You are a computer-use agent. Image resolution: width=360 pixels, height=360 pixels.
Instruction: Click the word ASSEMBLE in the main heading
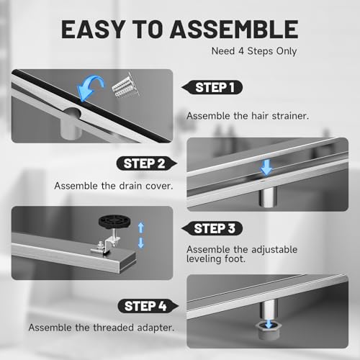[234, 30]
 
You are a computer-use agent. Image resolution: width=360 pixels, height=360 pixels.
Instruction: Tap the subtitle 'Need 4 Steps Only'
[254, 51]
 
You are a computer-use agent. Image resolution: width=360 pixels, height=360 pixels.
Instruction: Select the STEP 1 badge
[212, 87]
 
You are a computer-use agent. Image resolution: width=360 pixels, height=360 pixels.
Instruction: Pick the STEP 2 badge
[147, 163]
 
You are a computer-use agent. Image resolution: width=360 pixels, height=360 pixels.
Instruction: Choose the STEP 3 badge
[212, 228]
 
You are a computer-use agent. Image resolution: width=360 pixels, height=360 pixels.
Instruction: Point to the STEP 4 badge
[148, 306]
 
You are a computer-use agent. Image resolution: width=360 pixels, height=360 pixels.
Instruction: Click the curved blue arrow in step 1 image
[89, 88]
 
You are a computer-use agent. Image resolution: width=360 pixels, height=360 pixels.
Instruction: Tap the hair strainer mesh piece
[126, 86]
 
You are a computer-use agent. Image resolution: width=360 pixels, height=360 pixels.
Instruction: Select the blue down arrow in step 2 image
[266, 167]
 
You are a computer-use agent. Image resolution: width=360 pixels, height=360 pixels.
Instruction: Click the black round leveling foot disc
[114, 222]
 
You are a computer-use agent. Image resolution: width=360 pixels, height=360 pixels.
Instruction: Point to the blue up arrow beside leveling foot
[141, 228]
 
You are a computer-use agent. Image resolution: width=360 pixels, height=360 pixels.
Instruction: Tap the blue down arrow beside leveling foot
[141, 243]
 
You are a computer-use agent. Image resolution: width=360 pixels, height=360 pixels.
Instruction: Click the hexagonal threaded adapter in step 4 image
[268, 330]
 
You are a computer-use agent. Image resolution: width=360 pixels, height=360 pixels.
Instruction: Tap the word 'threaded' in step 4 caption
[114, 328]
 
